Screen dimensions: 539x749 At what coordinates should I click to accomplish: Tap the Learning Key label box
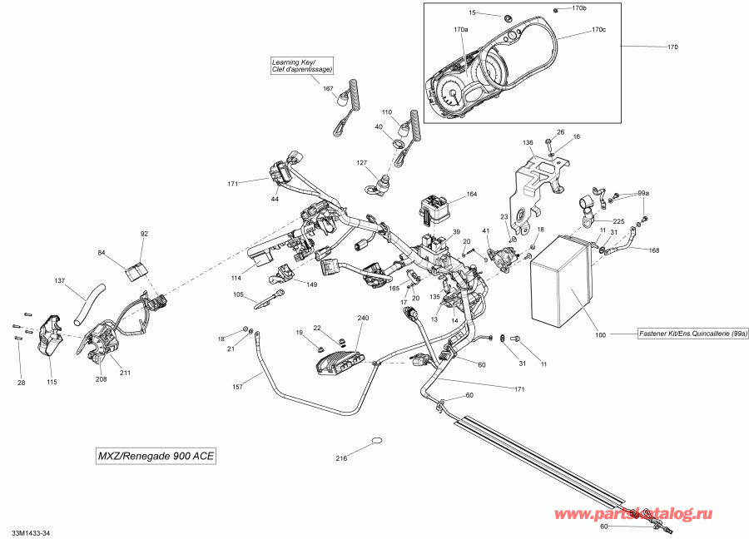point(301,65)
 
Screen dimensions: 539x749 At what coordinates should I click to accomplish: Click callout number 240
point(362,319)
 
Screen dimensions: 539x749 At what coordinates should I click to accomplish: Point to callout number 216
point(341,458)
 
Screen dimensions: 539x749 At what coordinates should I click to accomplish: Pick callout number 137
point(59,280)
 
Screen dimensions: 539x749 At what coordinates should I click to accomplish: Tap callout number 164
point(472,195)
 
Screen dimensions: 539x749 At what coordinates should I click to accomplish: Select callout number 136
point(528,143)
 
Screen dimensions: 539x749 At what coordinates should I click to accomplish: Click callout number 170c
point(598,30)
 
